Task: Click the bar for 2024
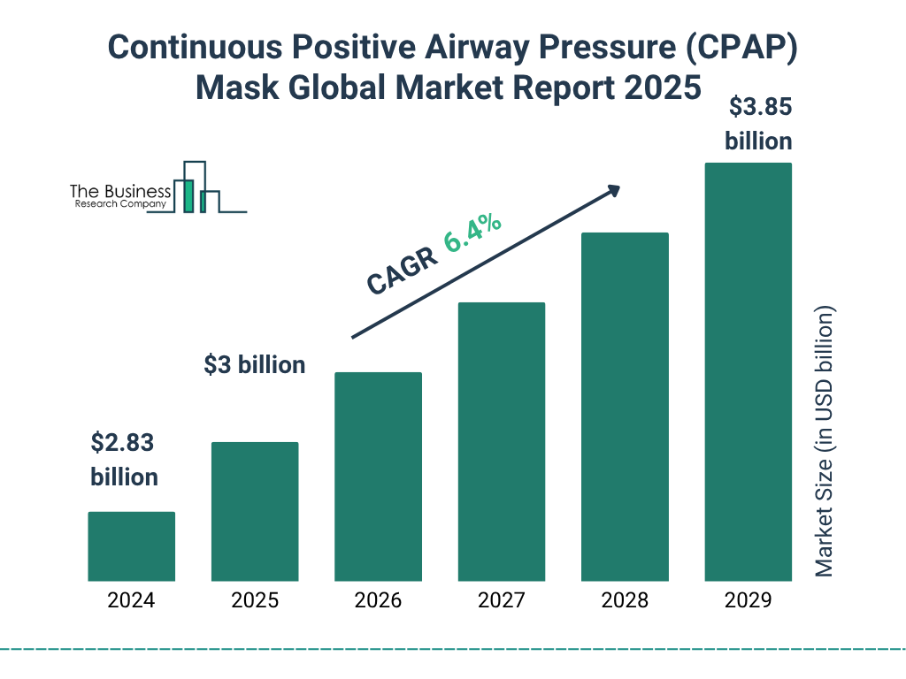(x=131, y=546)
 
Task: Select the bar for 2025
(x=255, y=511)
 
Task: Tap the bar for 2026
(x=378, y=477)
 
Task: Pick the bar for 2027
(x=501, y=441)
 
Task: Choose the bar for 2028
(x=625, y=407)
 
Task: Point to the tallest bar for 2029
(x=748, y=371)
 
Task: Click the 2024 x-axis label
(x=131, y=601)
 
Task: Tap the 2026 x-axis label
(x=378, y=601)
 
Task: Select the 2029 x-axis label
(x=748, y=601)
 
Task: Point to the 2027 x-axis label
(x=501, y=601)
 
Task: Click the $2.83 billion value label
(x=124, y=460)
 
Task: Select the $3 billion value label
(x=255, y=364)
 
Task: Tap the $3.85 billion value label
(x=758, y=124)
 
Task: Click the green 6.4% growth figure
(x=473, y=233)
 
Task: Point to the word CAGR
(x=403, y=270)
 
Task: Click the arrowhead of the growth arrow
(x=612, y=190)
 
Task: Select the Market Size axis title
(x=825, y=442)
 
